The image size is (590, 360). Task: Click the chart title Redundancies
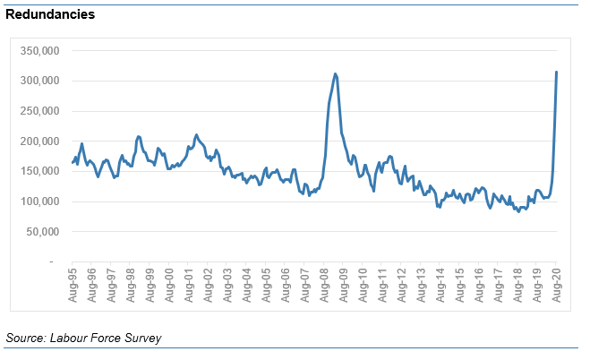click(x=50, y=15)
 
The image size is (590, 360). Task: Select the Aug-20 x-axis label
click(x=557, y=283)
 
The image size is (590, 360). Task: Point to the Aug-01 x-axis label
click(x=190, y=283)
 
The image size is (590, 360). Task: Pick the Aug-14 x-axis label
click(x=440, y=283)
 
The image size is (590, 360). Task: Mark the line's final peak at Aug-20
click(x=557, y=72)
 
